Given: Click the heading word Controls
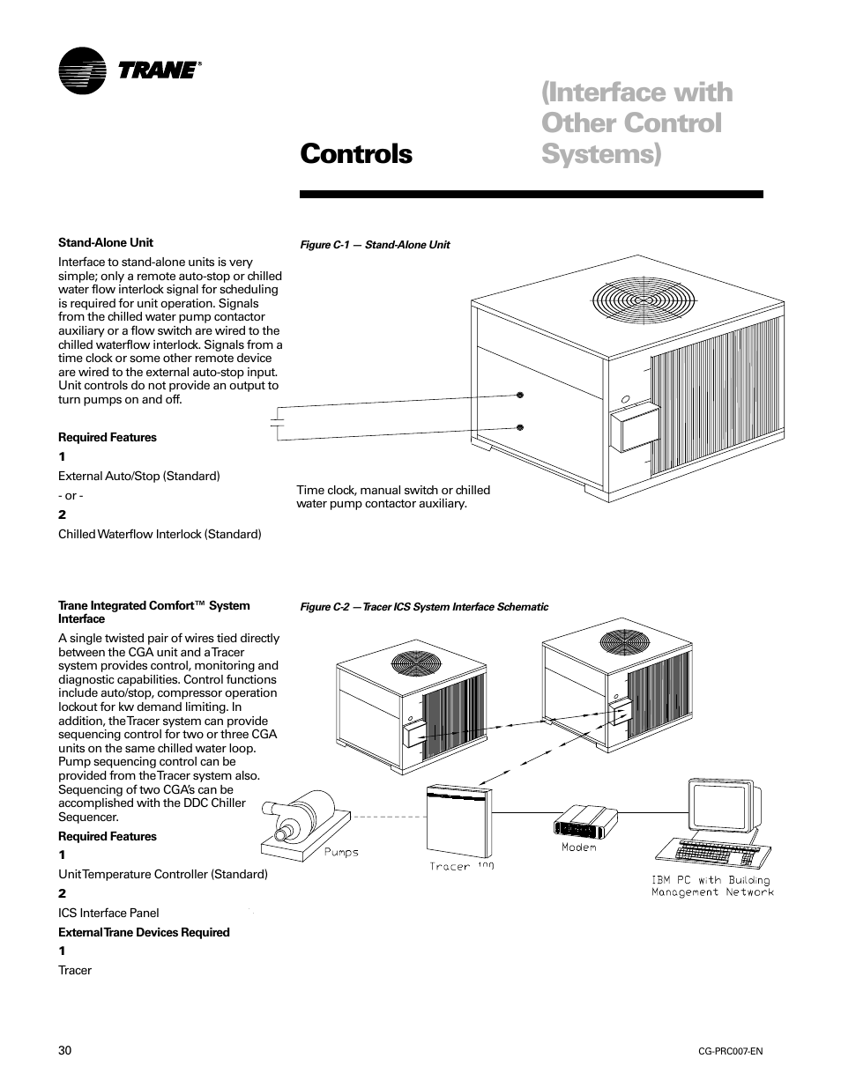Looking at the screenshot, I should point(355,153).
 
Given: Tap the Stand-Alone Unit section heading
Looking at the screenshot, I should point(106,242).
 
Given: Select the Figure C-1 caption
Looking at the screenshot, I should point(376,245).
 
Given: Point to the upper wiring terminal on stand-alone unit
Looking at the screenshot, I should point(520,395).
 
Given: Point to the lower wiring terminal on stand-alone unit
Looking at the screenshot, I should point(520,427).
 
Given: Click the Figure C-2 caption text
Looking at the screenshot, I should point(424,607).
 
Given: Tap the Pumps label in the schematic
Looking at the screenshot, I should point(341,852).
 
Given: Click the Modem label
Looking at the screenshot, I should point(579,847).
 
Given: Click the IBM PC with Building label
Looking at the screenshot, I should point(711,880).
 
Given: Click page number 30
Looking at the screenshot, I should point(65,1051).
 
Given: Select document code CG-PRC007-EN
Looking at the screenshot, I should point(730,1053).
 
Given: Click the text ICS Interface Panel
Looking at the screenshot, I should point(108,913).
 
